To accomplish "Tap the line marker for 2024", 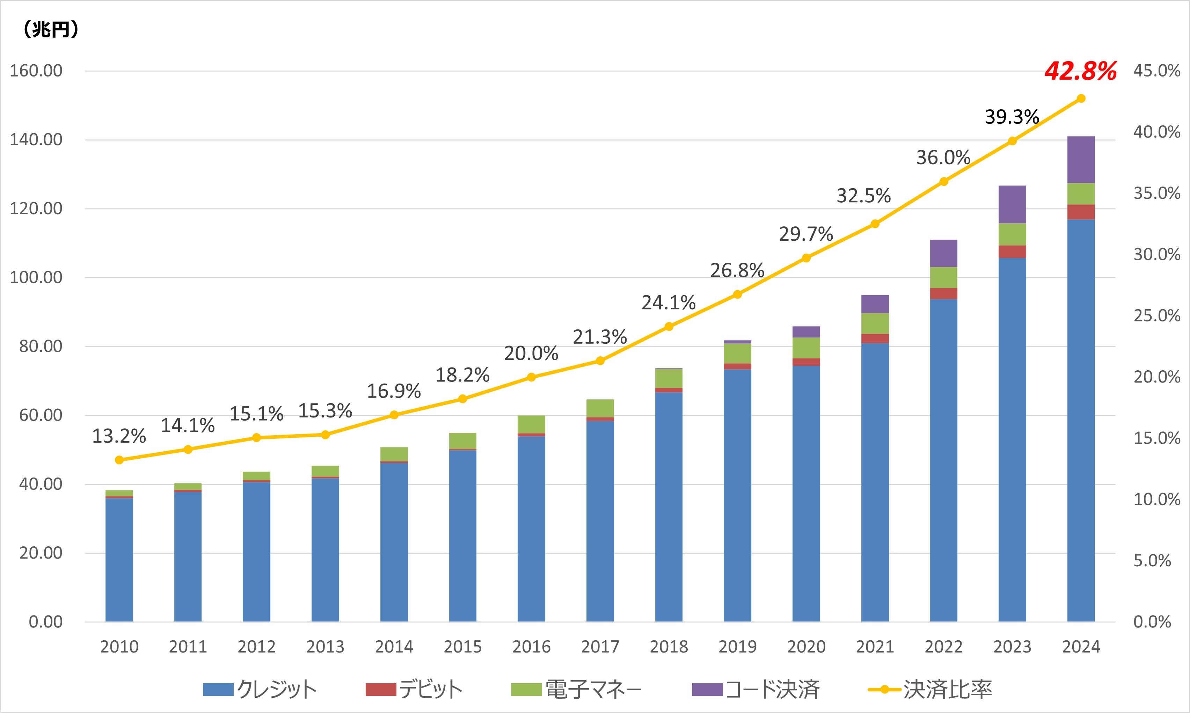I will point(1081,99).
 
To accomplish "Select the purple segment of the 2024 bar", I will point(1081,160).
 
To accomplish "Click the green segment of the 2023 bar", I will point(1012,234).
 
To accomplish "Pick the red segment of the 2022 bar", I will point(944,293).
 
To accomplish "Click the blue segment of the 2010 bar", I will point(119,560).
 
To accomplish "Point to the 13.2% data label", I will point(119,436).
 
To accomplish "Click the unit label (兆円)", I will point(50,30).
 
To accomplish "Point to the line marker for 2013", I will point(325,435).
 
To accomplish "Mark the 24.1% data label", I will point(669,303).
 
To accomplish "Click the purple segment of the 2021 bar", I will point(875,304).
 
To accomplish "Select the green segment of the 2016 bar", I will point(531,424).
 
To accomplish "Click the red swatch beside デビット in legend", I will point(380,690).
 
